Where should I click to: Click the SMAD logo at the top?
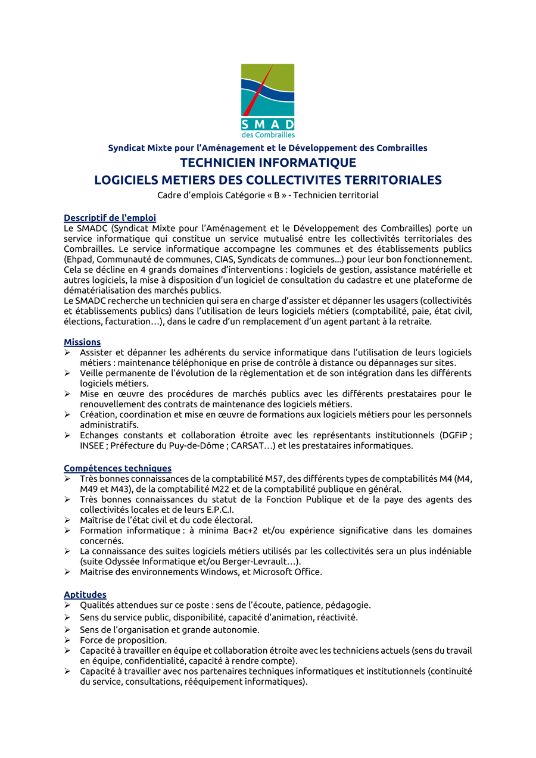267,100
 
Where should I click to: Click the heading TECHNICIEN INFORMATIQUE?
268,163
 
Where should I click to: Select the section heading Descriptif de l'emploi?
110,218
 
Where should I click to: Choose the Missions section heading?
82,342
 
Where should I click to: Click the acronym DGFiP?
454,435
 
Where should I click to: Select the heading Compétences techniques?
117,469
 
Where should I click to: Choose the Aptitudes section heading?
85,595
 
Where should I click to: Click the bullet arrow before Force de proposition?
67,640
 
